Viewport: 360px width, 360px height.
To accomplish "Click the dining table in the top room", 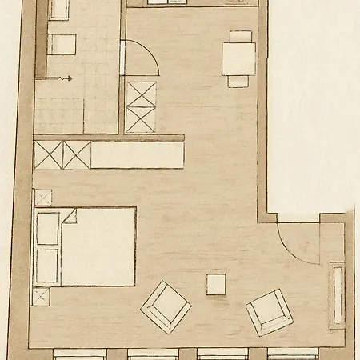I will coord(239,58).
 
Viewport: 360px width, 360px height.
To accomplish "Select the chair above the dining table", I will coord(240,36).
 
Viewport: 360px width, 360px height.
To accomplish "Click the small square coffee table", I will coord(216,284).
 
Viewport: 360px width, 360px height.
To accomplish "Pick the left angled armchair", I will coord(166,306).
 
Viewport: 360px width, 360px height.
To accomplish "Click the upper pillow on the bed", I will coord(48,229).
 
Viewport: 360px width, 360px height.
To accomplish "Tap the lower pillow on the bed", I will coord(47,266).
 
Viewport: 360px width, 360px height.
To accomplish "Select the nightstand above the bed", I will coord(42,197).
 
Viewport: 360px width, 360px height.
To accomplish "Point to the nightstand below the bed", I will coord(40,296).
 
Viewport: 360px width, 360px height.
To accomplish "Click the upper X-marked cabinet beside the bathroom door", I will coord(141,94).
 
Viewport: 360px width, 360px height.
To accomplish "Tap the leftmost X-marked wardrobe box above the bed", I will coord(48,154).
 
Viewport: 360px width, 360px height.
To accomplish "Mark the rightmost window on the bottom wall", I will coord(291,354).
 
